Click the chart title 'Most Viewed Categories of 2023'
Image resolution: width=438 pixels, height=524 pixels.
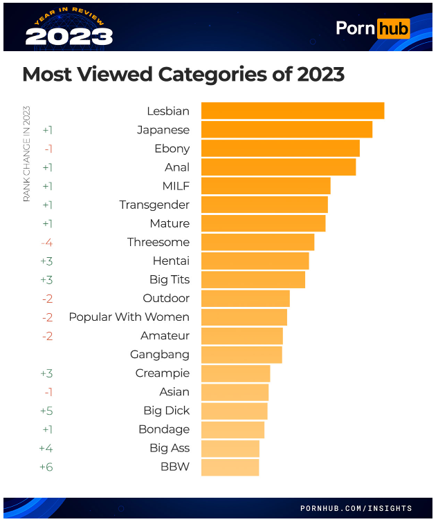(183, 75)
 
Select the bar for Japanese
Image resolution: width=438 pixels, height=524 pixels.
(286, 129)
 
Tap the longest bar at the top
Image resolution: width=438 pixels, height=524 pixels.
(292, 111)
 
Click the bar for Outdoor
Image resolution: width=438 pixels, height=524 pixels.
(245, 299)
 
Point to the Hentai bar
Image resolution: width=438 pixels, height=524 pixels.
(255, 261)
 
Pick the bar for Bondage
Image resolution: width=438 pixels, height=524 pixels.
(232, 429)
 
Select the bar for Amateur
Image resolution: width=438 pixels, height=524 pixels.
(241, 336)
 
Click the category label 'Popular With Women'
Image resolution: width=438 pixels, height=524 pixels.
(129, 317)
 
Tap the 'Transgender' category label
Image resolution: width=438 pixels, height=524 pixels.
(154, 205)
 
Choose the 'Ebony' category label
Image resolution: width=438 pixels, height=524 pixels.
(172, 149)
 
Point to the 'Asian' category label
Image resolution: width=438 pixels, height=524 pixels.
(174, 392)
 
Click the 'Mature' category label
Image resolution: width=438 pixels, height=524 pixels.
(169, 223)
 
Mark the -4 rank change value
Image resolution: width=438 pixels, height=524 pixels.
(47, 242)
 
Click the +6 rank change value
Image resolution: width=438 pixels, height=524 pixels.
(46, 467)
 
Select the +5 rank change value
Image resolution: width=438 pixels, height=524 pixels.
(46, 411)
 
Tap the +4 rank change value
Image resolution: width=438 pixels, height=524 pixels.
(46, 448)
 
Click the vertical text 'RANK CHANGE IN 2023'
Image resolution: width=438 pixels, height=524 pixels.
(27, 153)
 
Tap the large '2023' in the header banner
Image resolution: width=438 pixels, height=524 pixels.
(69, 37)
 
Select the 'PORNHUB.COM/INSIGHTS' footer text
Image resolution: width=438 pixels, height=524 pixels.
(356, 508)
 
